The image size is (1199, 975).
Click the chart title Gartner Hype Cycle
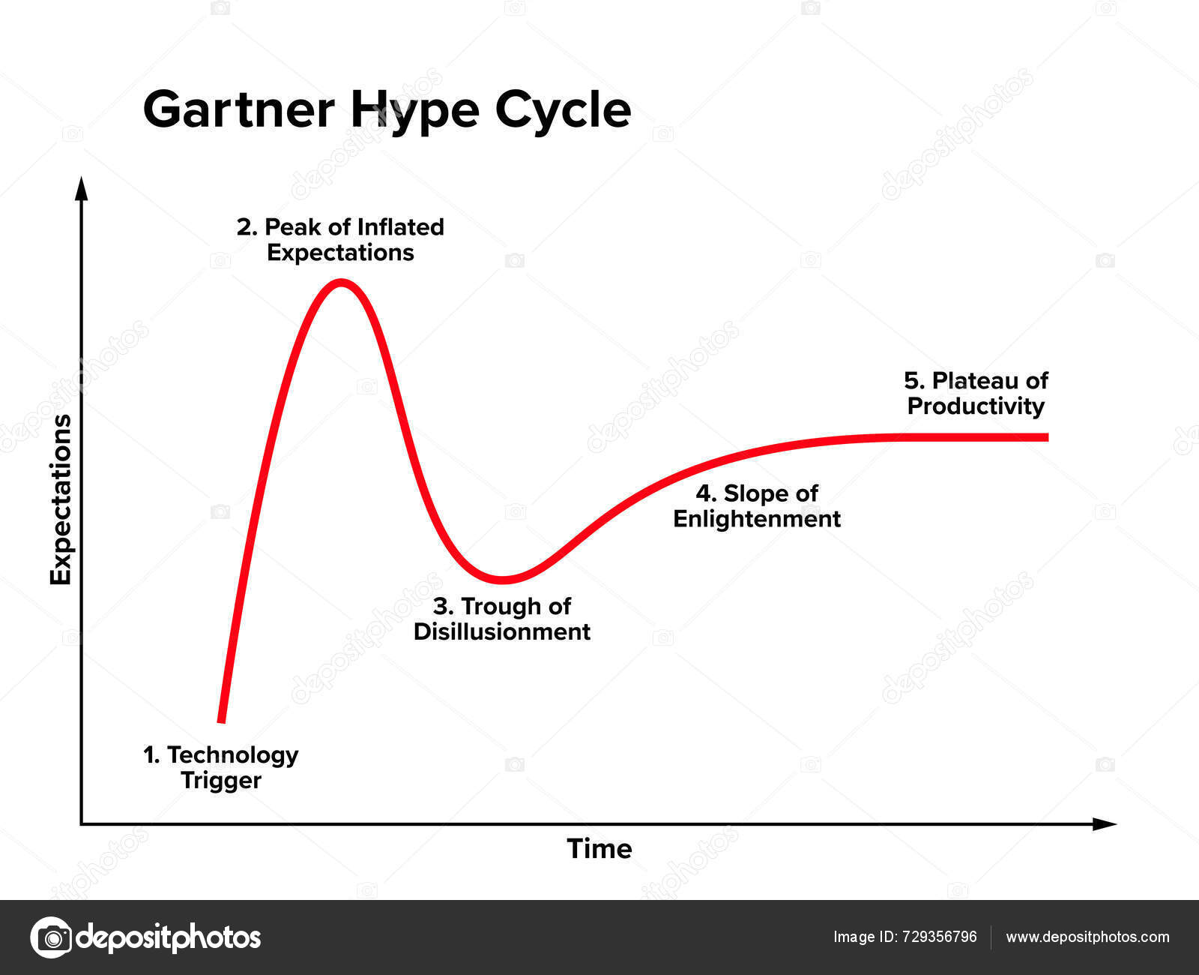pos(387,110)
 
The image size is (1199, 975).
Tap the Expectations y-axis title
pos(61,499)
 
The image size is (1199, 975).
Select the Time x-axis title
pos(599,849)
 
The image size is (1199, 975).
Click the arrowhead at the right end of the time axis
pos(1105,824)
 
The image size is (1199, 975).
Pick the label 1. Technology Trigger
pos(221,767)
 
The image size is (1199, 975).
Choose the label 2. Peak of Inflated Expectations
pos(340,239)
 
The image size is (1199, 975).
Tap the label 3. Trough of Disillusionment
pos(502,619)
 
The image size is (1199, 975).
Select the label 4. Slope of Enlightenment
pos(757,506)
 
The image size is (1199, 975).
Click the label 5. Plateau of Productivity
pos(976,393)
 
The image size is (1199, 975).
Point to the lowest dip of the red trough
pos(504,580)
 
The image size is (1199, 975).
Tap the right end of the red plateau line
pos(1045,436)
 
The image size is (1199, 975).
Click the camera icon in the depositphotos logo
pos(52,937)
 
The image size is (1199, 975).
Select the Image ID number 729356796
pos(940,937)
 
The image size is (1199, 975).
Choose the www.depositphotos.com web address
pos(1087,937)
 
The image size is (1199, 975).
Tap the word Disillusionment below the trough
pos(502,631)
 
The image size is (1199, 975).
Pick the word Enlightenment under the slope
pos(757,519)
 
